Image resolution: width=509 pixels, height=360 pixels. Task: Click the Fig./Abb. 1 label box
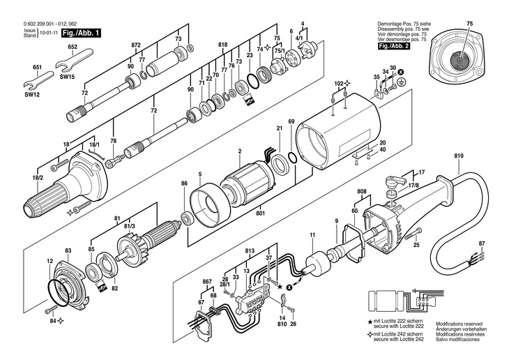(81, 33)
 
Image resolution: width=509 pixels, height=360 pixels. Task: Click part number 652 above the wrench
(73, 47)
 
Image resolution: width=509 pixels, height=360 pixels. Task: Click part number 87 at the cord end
(481, 243)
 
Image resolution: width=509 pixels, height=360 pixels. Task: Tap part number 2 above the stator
(239, 151)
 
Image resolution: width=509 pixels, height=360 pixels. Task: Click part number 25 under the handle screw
(416, 246)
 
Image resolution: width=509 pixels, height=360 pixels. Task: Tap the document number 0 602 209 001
(42, 24)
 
